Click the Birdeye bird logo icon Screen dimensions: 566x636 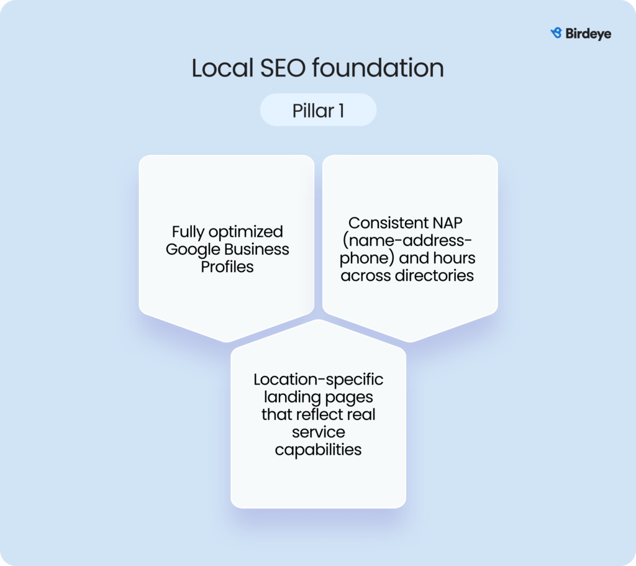(556, 33)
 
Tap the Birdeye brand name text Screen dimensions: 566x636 (588, 34)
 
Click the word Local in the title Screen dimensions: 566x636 (219, 68)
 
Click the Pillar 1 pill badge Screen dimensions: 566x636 (318, 111)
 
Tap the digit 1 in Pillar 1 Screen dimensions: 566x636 (341, 111)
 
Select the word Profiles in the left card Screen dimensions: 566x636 (227, 267)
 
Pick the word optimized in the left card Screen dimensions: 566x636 (247, 232)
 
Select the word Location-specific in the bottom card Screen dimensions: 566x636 (318, 379)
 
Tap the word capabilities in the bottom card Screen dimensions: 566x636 (318, 449)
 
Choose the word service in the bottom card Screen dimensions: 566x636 (318, 431)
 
